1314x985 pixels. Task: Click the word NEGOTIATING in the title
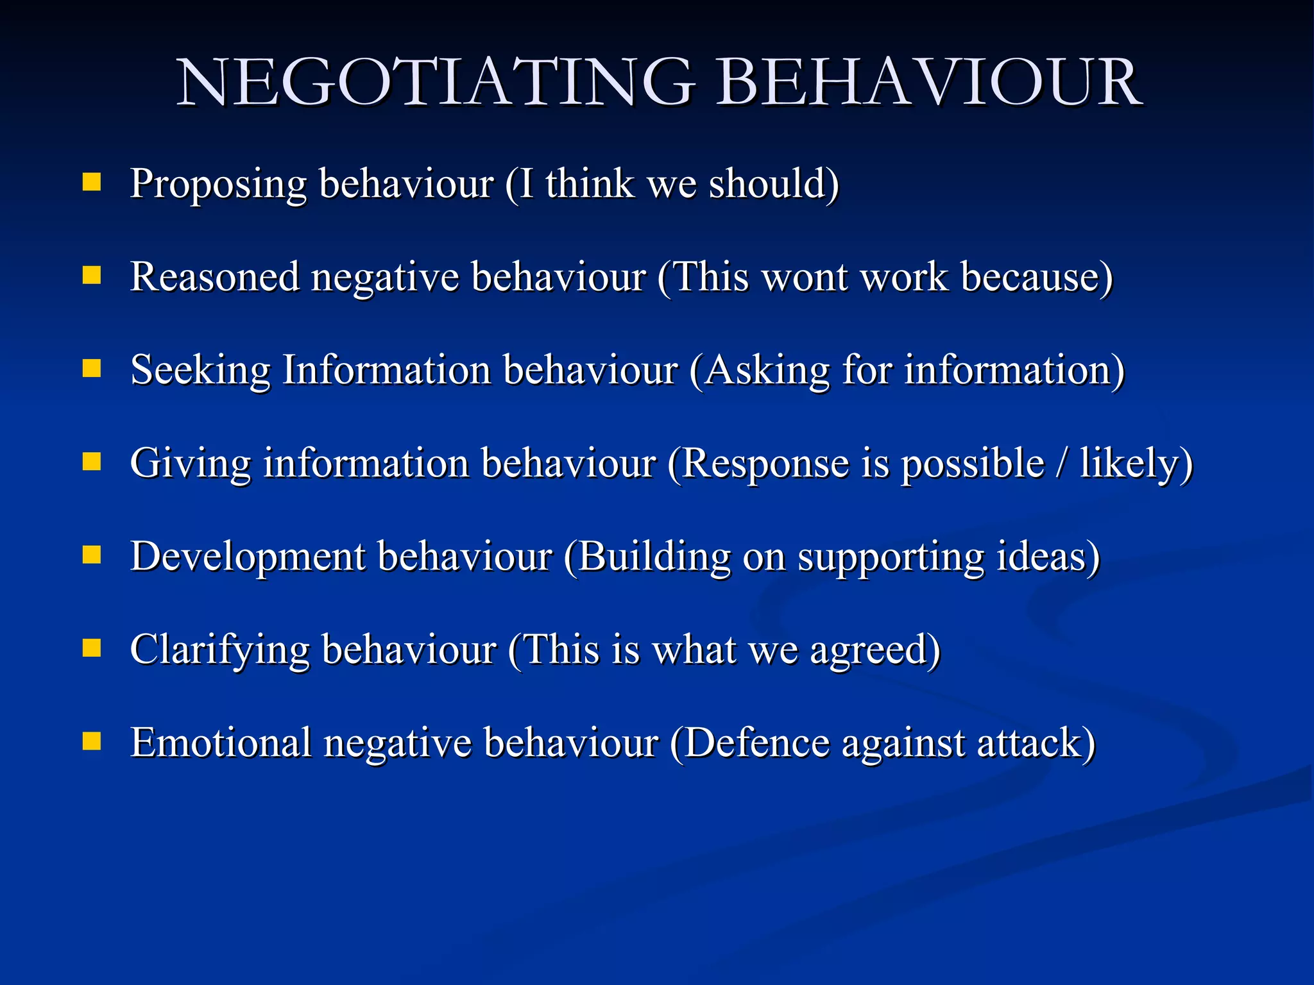click(x=436, y=83)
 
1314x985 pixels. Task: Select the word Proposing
click(x=218, y=185)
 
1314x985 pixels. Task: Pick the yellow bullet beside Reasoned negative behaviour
click(x=92, y=276)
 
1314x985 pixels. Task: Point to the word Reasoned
click(x=214, y=277)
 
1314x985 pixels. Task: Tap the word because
click(x=1029, y=277)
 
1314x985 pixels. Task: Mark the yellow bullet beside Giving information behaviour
click(x=92, y=462)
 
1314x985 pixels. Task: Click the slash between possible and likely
click(x=1062, y=463)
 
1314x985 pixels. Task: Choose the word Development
click(x=248, y=557)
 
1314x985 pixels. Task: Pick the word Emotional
click(x=221, y=743)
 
